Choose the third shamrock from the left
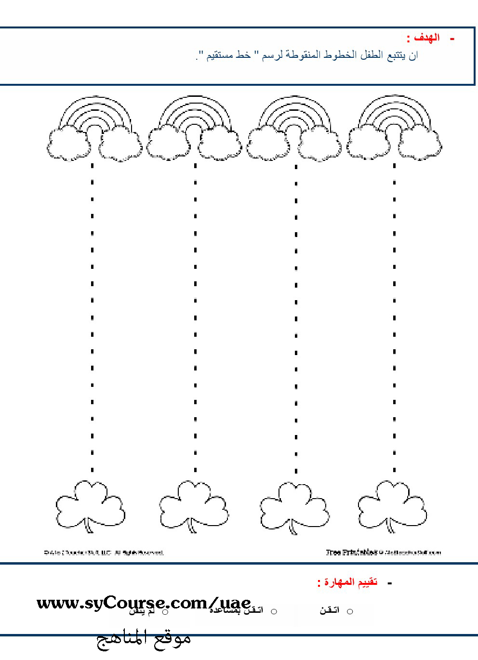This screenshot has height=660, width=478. tap(294, 506)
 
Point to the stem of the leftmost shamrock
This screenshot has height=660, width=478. tap(89, 528)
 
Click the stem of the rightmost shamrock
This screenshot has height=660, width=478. tap(390, 528)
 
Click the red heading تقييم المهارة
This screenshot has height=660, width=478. tap(348, 582)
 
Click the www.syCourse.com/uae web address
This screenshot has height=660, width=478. tap(144, 603)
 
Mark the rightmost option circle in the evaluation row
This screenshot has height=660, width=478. tap(350, 611)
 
